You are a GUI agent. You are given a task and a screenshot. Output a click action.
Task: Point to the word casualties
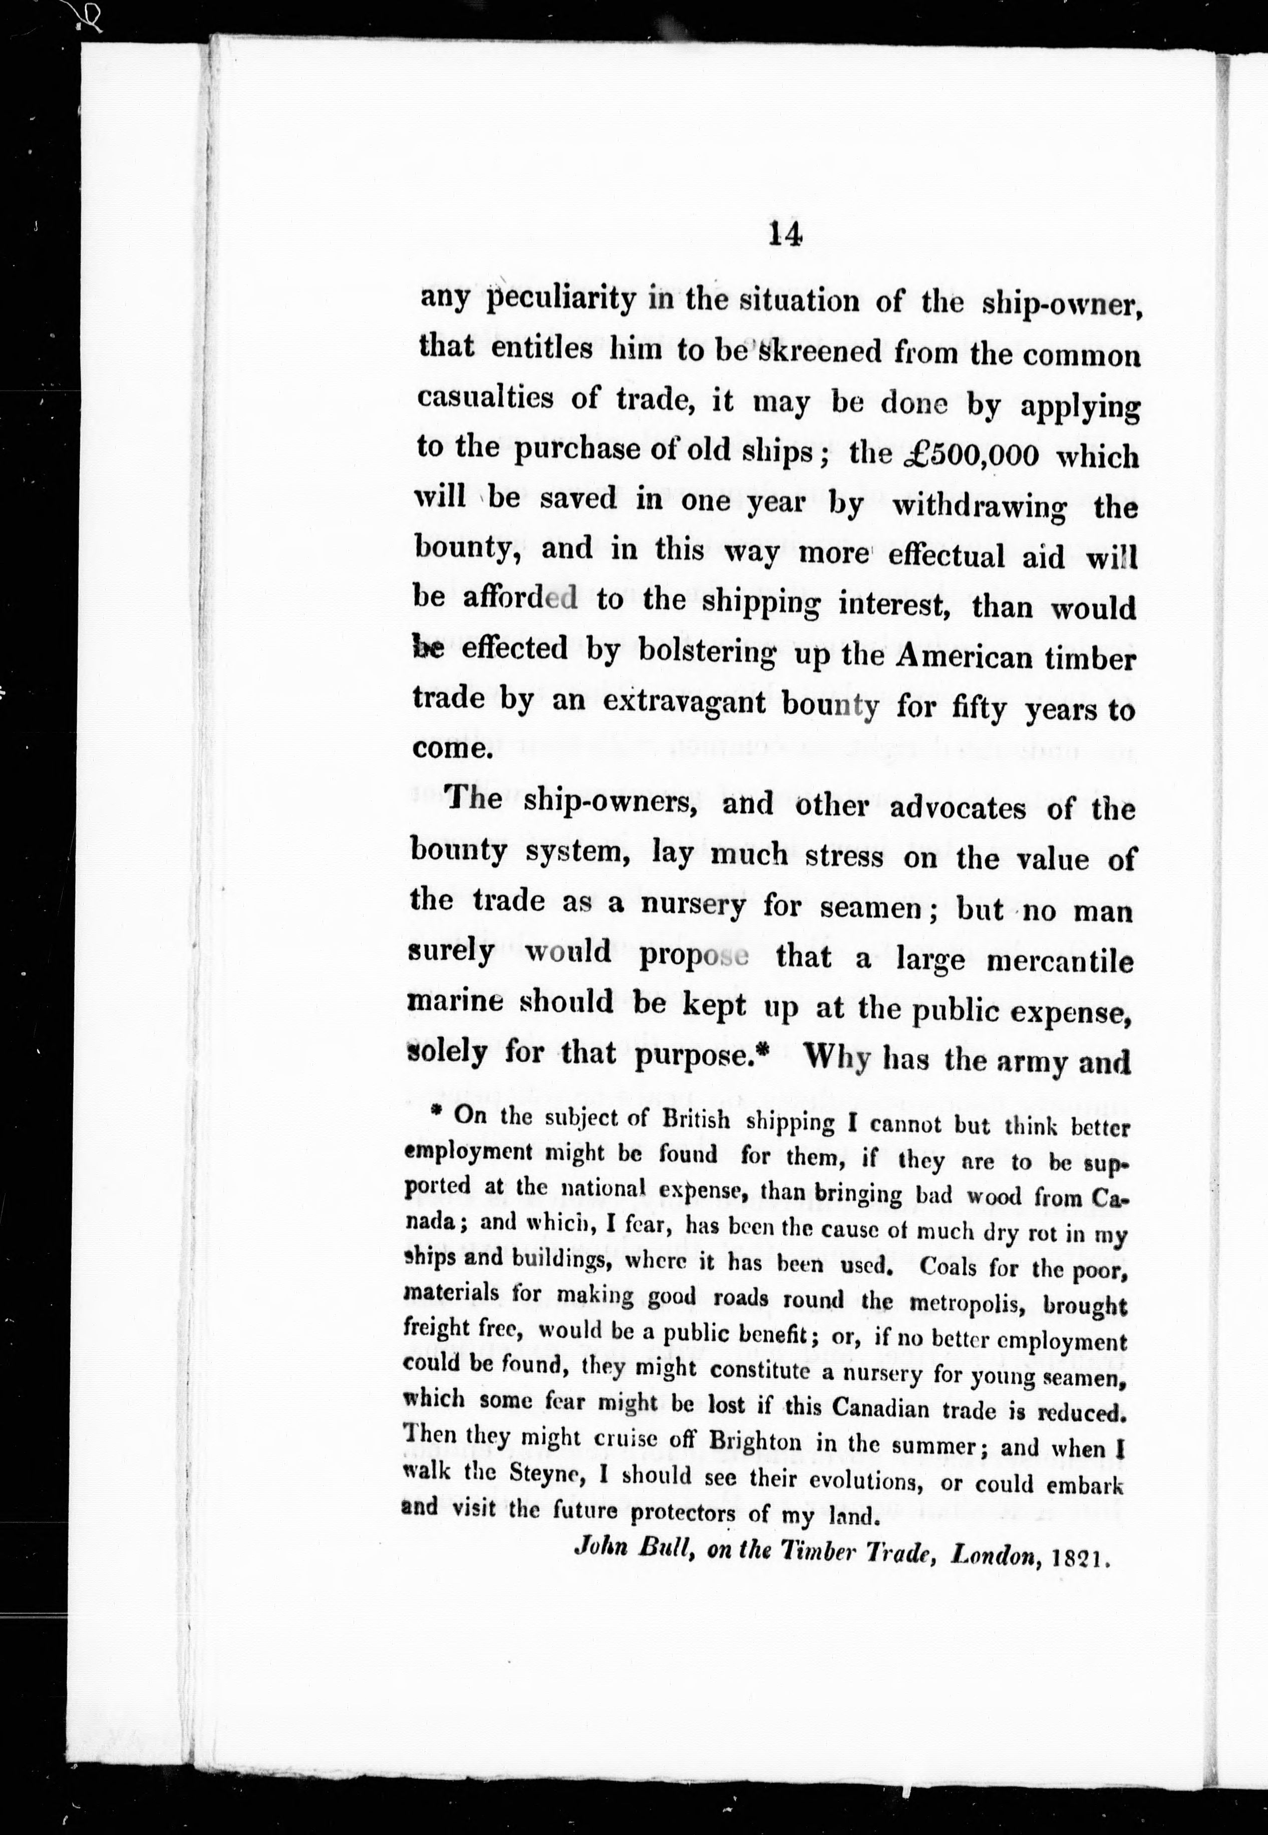coord(485,397)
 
